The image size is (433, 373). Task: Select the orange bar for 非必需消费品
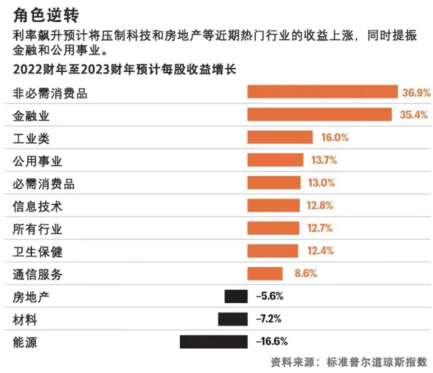click(x=322, y=92)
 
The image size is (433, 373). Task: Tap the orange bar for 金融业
click(x=319, y=115)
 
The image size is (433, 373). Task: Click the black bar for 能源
click(x=213, y=341)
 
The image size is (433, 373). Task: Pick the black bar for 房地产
click(x=236, y=296)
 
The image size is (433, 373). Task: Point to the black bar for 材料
click(x=233, y=319)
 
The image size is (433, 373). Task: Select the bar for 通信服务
click(x=265, y=273)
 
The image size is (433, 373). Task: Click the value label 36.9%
click(x=416, y=92)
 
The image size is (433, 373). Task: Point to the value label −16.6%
click(x=272, y=341)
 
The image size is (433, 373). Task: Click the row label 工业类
click(x=32, y=139)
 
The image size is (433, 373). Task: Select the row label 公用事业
click(x=38, y=161)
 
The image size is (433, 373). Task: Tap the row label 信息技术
click(x=38, y=206)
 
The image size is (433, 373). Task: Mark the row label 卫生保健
click(x=38, y=251)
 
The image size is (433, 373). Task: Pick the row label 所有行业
click(x=38, y=229)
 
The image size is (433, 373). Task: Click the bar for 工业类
click(x=280, y=137)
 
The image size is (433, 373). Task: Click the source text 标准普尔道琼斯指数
click(x=378, y=362)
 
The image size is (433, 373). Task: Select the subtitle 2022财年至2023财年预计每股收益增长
click(x=124, y=70)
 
